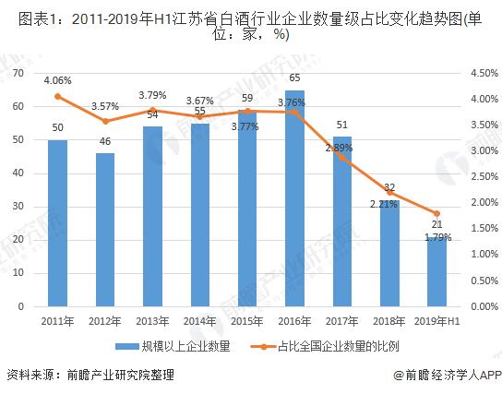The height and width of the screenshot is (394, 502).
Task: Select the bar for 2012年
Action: pyautogui.click(x=104, y=231)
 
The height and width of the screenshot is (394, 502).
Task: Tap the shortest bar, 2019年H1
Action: pyautogui.click(x=436, y=272)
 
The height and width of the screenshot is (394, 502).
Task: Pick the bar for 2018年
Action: pyautogui.click(x=389, y=254)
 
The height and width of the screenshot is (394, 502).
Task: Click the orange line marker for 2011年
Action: pyautogui.click(x=57, y=96)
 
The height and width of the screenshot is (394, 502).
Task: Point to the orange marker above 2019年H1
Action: pyautogui.click(x=436, y=213)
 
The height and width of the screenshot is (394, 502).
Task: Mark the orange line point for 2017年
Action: pyautogui.click(x=341, y=157)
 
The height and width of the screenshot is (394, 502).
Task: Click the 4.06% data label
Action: pyautogui.click(x=57, y=79)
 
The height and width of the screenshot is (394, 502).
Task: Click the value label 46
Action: pyautogui.click(x=104, y=142)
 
